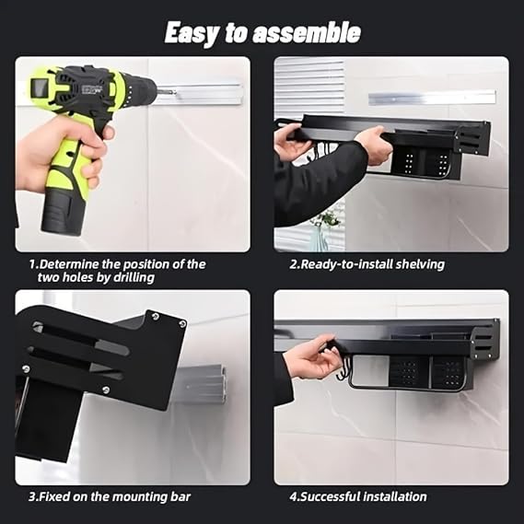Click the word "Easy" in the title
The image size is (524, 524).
(191, 33)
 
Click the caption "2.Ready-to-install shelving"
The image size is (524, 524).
(367, 264)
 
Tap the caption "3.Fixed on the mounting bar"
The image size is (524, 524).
(110, 497)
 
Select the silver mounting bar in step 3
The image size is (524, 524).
(198, 385)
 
